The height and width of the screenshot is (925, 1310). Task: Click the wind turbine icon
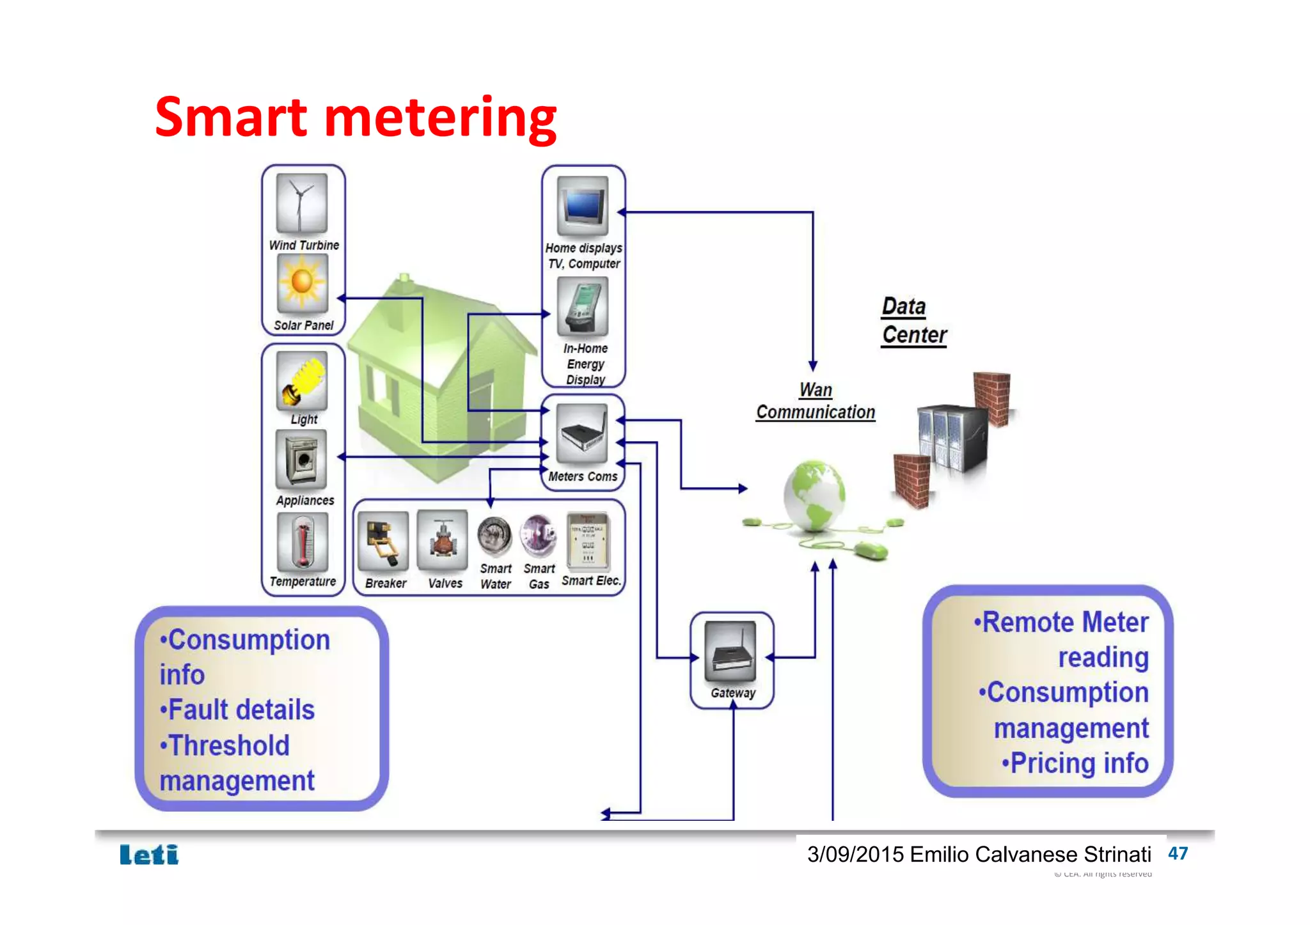click(301, 203)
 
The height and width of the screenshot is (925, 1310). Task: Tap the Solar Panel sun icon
click(302, 283)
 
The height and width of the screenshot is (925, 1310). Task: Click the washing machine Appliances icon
click(301, 460)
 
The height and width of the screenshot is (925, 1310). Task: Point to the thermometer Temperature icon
click(303, 541)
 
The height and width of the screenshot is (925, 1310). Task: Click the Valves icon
click(442, 541)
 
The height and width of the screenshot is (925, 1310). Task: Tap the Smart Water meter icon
click(495, 536)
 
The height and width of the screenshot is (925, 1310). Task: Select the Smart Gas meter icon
click(539, 535)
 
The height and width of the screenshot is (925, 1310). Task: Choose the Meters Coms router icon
click(582, 434)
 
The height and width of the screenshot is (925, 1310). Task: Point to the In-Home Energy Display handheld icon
click(583, 306)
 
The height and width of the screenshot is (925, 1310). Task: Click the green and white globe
click(814, 496)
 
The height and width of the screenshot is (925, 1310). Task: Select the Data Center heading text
click(913, 321)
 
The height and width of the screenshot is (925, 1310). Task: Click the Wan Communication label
click(816, 401)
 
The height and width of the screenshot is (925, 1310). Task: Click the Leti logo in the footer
click(149, 855)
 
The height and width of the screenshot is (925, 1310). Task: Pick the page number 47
click(1177, 853)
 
